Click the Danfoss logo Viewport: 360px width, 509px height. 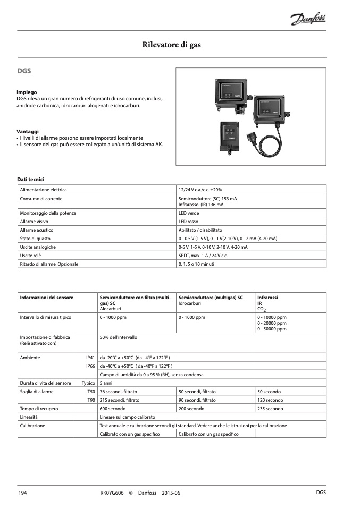point(308,20)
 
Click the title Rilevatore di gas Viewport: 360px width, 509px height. point(171,45)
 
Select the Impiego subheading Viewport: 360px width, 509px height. point(27,92)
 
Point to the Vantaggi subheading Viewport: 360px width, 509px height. point(28,131)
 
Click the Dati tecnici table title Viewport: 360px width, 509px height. point(34,179)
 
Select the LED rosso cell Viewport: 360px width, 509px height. point(189,222)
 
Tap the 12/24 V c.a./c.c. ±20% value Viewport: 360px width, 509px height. point(200,190)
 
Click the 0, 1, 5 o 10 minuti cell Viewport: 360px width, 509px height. point(197,264)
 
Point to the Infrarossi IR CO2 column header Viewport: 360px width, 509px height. point(267,303)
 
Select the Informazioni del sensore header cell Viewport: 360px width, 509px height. point(47,298)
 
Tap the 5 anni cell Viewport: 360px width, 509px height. point(106,383)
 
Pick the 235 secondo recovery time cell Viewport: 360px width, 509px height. point(270,409)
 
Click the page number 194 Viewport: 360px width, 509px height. point(23,493)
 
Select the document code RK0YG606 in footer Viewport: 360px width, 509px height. point(112,493)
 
